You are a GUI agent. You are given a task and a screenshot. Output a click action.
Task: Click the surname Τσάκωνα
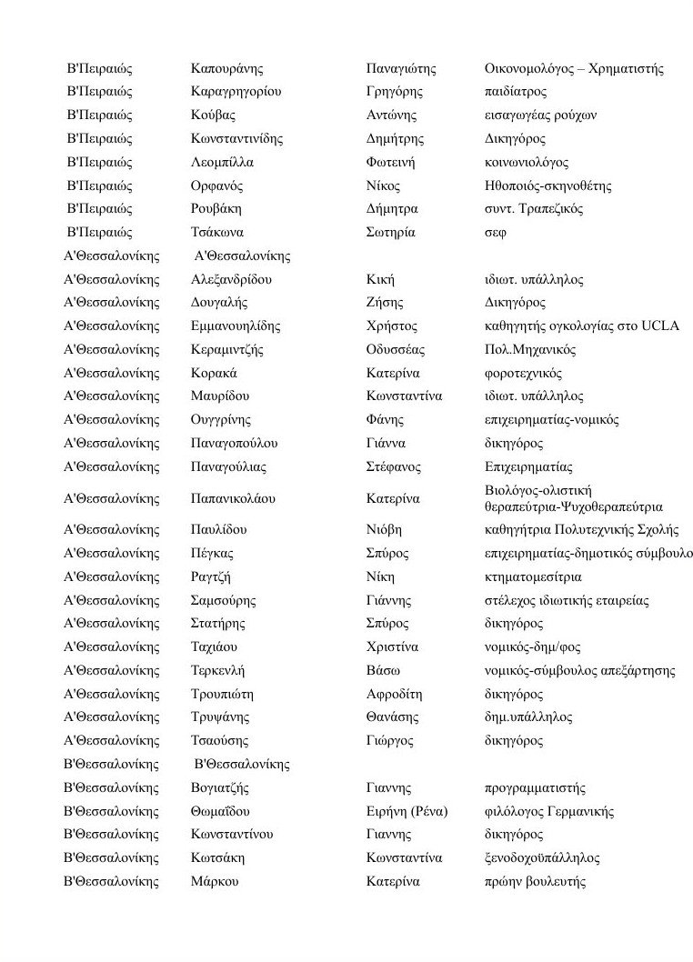click(216, 232)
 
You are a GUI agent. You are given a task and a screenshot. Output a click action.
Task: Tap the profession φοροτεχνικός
click(524, 374)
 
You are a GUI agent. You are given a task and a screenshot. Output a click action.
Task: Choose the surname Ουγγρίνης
click(221, 420)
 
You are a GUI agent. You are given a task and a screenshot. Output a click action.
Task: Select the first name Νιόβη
click(384, 530)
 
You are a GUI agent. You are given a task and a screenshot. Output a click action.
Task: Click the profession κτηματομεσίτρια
click(534, 577)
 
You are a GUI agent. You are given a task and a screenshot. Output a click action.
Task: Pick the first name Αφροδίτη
click(394, 694)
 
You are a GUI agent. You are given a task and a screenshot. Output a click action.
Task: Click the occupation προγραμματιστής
click(536, 788)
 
